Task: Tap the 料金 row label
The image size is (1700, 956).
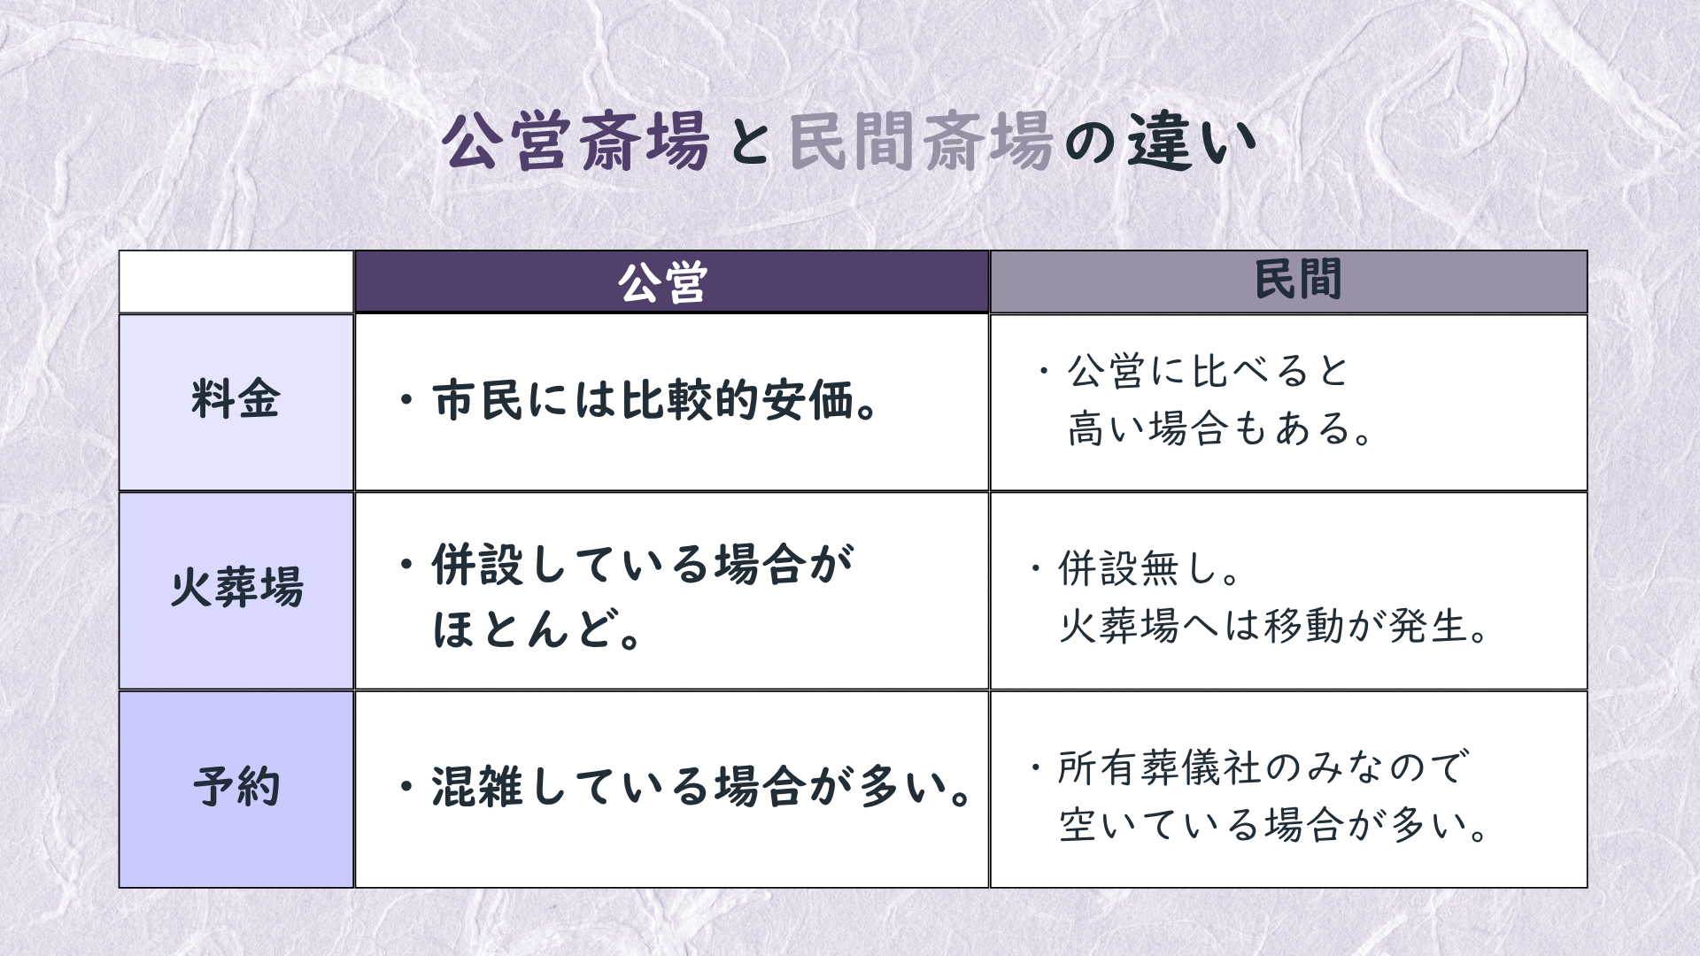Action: point(236,399)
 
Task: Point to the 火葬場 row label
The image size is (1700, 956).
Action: point(236,587)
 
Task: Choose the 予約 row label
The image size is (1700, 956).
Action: point(236,786)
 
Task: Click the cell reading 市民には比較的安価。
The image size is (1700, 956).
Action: point(639,401)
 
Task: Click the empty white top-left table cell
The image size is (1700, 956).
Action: point(236,281)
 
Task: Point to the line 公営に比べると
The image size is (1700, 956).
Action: point(1192,372)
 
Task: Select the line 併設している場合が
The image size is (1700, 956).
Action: point(625,565)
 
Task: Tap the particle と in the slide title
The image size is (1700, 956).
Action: point(749,143)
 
